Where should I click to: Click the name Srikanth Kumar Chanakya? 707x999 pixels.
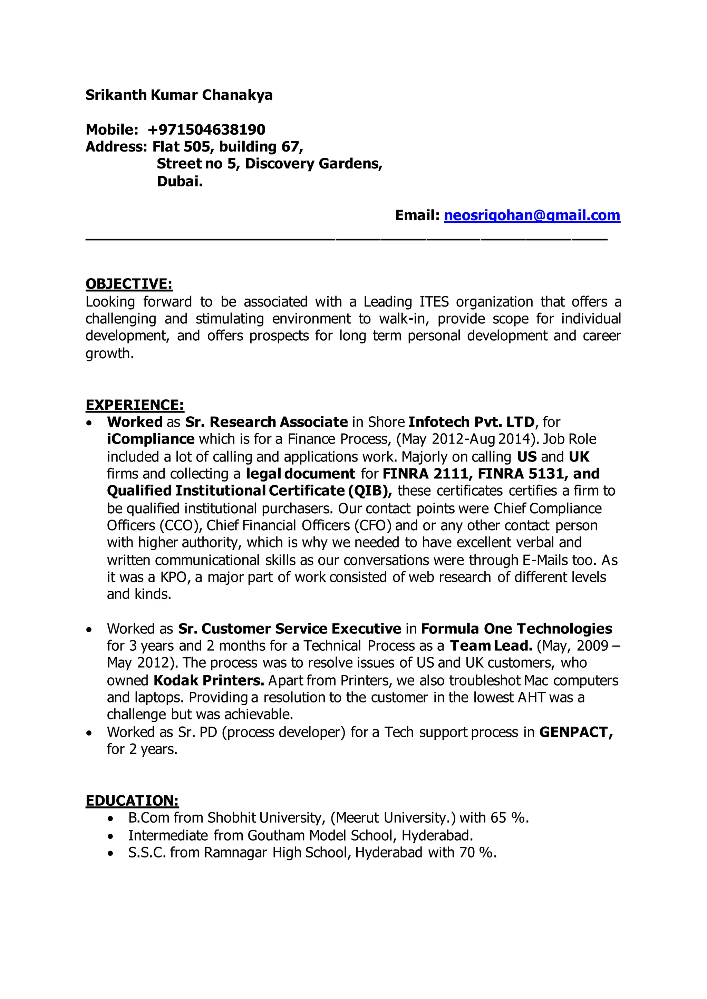[x=178, y=95]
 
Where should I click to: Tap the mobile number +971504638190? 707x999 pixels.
[x=206, y=130]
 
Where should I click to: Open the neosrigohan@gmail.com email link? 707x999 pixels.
[x=532, y=215]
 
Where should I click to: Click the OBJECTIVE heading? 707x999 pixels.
[x=129, y=284]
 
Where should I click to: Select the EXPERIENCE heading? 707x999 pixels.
[x=135, y=405]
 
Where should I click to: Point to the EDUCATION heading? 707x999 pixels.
[x=132, y=801]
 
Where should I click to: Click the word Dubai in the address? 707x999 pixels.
[x=180, y=181]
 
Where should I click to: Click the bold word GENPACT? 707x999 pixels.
[x=575, y=732]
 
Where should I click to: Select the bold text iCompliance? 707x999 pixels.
[x=151, y=439]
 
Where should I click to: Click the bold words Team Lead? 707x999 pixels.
[x=491, y=646]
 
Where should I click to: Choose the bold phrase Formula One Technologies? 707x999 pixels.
[x=516, y=629]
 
